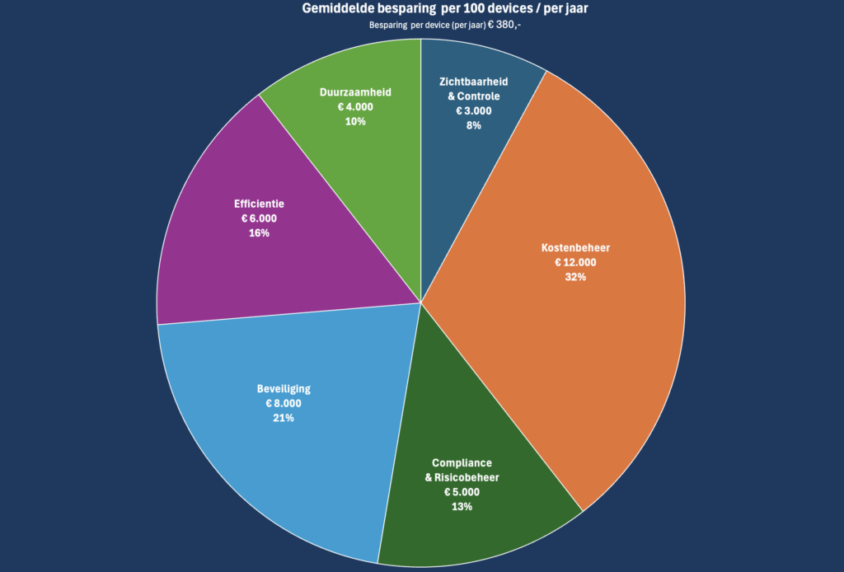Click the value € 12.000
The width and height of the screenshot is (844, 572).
[x=575, y=262]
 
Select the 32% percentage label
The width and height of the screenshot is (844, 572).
[x=575, y=277]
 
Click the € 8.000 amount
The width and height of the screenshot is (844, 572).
[x=284, y=403]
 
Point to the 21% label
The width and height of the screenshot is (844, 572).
[x=284, y=418]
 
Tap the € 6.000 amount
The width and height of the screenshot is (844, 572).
[x=259, y=218]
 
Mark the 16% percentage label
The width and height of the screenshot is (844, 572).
[x=259, y=232]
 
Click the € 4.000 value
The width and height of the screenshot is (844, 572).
[x=356, y=106]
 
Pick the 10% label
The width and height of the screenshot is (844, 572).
[x=356, y=121]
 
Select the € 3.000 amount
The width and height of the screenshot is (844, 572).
[x=473, y=110]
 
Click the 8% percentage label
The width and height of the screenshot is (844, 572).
[x=473, y=125]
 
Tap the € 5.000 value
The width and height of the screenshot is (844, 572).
[x=462, y=491]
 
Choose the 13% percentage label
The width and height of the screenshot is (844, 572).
[x=462, y=506]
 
